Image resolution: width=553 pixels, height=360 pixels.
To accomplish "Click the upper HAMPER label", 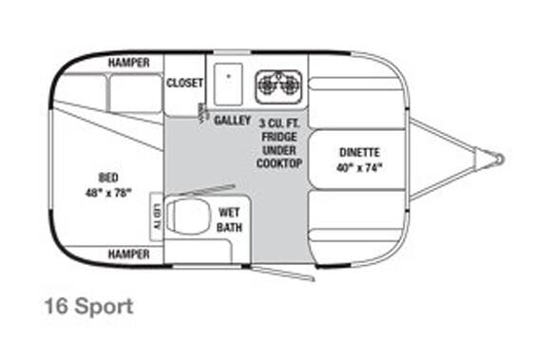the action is coord(128,63).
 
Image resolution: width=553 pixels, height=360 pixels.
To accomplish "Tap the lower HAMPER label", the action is coord(128,255).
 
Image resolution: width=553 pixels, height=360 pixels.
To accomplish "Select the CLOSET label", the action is coord(184,83).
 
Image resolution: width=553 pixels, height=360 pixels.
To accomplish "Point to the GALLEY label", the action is coord(233,121).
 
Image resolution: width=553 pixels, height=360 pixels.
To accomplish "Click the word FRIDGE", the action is coord(278,136).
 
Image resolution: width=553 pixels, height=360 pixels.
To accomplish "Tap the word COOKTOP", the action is coord(278,163).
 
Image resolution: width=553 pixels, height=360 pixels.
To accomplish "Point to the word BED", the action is coord(107,177).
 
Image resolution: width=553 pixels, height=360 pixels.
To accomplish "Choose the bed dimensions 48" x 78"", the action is coord(107,192).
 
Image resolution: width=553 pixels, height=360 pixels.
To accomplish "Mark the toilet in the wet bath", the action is coord(186,217).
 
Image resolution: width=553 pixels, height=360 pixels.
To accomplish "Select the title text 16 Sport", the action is coord(88,307).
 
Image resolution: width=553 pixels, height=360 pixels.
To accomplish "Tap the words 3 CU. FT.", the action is coord(278,123).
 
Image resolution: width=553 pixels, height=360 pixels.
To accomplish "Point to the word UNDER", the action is coord(278,150).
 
